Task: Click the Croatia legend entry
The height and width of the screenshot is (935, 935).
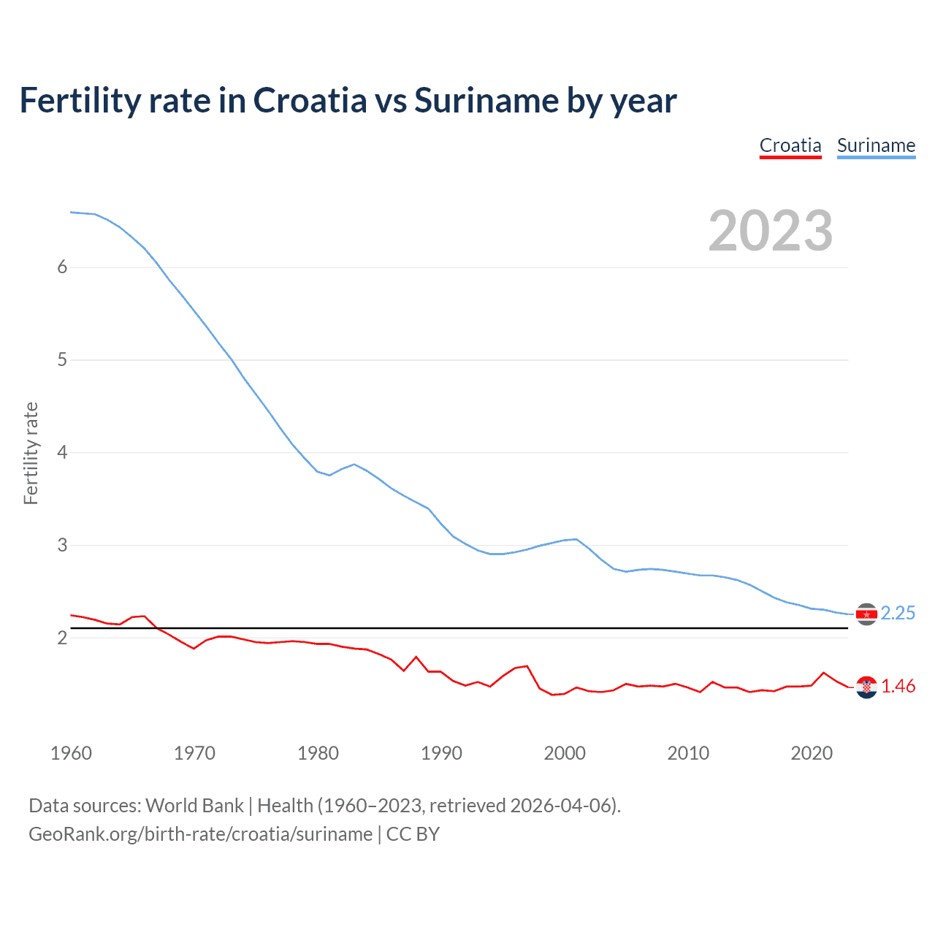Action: click(790, 145)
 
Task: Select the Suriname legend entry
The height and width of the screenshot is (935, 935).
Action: click(876, 145)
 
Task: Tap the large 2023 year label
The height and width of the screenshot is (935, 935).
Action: click(770, 231)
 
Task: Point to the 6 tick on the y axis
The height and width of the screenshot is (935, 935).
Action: click(62, 267)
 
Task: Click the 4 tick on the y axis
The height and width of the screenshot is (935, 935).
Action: click(62, 453)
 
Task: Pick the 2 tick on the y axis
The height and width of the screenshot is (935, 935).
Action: click(62, 638)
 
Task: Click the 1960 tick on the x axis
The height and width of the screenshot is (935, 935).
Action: click(71, 753)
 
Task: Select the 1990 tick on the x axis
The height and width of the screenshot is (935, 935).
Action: click(441, 753)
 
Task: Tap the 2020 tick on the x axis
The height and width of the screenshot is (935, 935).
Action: click(812, 753)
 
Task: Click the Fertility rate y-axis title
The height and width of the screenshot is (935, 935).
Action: click(31, 453)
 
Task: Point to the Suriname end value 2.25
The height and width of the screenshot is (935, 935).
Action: click(898, 614)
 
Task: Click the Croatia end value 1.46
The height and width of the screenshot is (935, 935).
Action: click(898, 687)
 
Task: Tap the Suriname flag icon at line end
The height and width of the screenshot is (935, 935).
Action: click(866, 614)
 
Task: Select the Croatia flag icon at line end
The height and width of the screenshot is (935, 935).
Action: click(866, 687)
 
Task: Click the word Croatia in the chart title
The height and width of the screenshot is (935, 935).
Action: click(310, 101)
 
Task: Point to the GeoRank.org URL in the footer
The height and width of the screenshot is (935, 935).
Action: click(200, 834)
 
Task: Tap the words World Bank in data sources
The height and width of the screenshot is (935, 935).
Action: click(194, 806)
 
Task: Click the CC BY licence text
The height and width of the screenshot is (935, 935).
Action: click(413, 834)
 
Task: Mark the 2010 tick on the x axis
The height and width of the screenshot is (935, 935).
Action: click(688, 753)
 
